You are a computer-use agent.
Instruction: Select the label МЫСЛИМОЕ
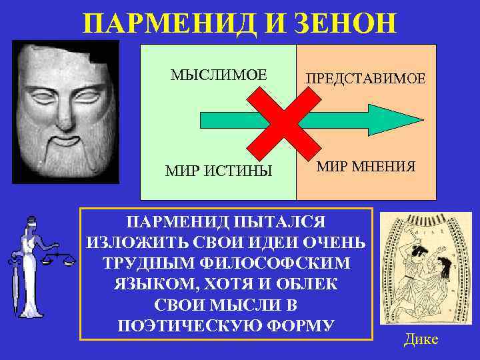click(x=218, y=75)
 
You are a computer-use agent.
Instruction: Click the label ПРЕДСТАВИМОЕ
click(x=365, y=78)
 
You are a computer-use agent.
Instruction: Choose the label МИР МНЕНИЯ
click(x=366, y=166)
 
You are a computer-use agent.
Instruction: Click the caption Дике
click(x=421, y=339)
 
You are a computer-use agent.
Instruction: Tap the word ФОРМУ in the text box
click(x=300, y=326)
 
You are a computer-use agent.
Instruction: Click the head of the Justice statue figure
click(x=30, y=223)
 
